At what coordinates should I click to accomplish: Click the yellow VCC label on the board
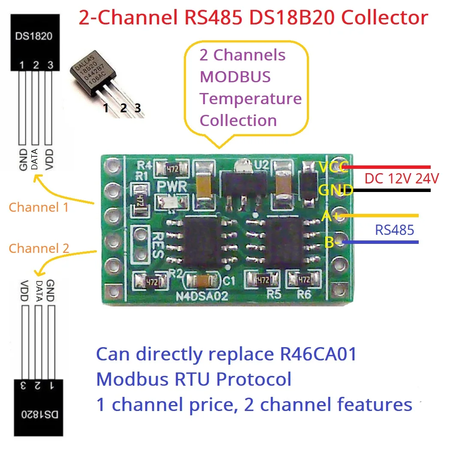coord(334,167)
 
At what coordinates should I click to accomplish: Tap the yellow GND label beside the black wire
coord(336,190)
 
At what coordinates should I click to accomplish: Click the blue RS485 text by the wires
coord(395,230)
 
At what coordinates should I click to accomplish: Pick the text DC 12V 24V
coord(402,178)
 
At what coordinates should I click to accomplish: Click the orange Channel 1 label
coord(39,207)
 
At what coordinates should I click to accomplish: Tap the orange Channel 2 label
coord(39,248)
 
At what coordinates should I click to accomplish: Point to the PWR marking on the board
coord(171,187)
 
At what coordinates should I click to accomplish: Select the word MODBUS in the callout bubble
coord(235,77)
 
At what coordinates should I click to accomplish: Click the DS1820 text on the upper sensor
coord(34,36)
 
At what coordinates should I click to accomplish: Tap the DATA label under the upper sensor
coord(35,158)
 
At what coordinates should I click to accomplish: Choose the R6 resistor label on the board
coord(306,295)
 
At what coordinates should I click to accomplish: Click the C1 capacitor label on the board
coord(230,281)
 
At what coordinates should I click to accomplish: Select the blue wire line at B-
coord(381,243)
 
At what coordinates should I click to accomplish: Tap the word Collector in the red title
coord(385,18)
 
